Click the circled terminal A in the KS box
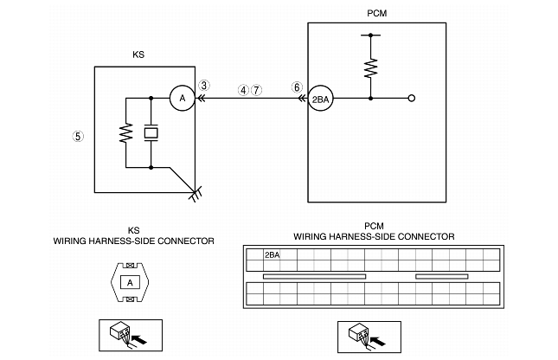tap(183, 99)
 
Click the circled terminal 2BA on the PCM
tap(321, 99)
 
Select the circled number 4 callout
tap(244, 89)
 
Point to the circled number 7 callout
tap(256, 89)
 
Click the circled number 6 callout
tap(298, 87)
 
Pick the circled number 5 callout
tap(78, 136)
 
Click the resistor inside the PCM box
tap(370, 67)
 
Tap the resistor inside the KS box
tap(126, 133)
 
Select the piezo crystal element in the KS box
tap(151, 132)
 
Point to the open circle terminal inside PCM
tap(411, 99)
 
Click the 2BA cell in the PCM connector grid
tap(272, 255)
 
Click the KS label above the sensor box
tap(138, 54)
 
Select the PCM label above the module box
tap(377, 14)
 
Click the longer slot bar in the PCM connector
tap(315, 276)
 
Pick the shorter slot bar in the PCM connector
tap(441, 276)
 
